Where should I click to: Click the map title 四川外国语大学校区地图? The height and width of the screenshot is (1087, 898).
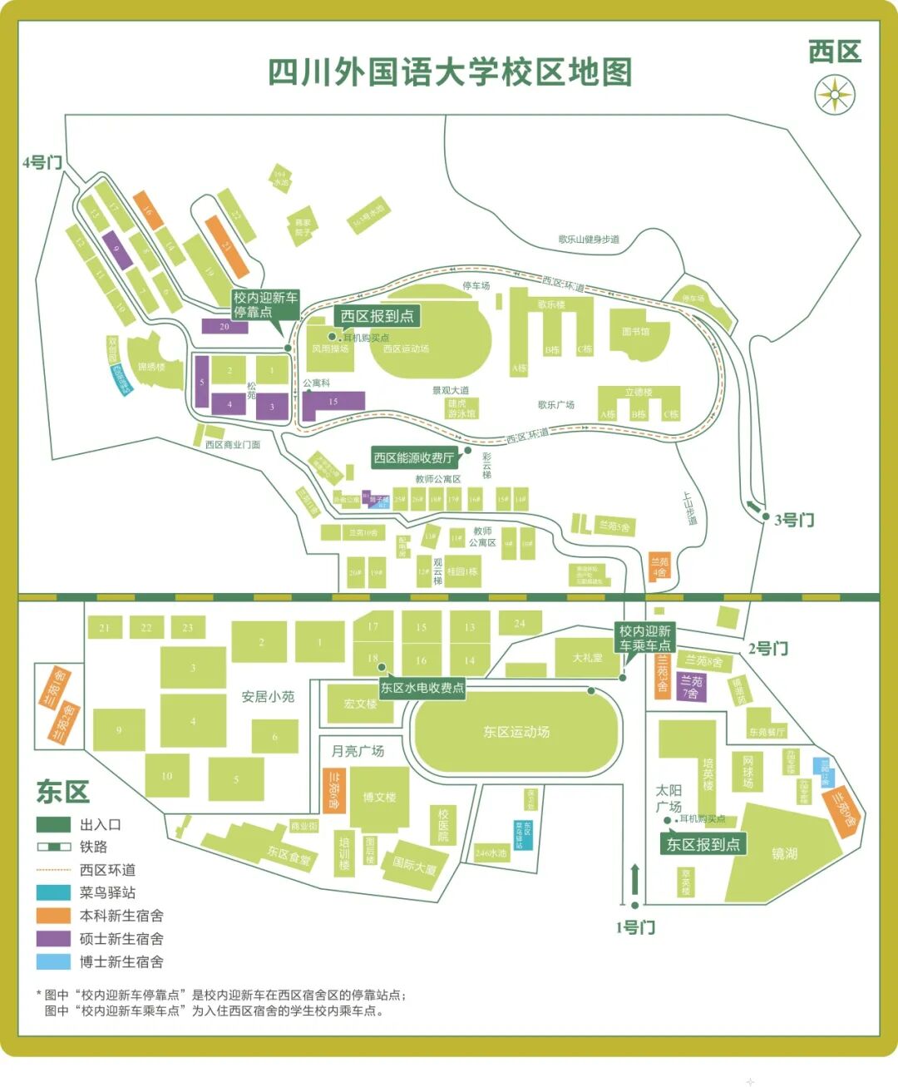(450, 72)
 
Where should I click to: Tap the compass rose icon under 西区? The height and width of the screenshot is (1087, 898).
(834, 94)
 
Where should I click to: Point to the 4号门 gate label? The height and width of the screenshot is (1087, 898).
(42, 162)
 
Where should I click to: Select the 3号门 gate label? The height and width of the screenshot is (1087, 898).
(794, 520)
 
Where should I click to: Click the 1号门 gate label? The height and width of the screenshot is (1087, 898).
(635, 927)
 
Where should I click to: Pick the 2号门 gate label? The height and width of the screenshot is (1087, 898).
(767, 648)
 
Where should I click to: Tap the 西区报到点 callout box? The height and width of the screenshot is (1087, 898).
(377, 316)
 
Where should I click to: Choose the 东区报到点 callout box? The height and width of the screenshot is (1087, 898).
(703, 844)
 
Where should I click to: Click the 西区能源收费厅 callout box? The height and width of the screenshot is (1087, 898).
(414, 457)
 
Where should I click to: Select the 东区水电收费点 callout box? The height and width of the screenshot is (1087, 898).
(422, 688)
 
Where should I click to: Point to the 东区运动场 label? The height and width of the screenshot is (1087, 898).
(516, 732)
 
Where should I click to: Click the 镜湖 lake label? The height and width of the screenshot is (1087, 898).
(784, 853)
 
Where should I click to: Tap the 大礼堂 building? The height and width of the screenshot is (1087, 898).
(587, 658)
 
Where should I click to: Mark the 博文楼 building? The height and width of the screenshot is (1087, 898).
(379, 797)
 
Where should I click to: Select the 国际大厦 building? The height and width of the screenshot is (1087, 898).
(414, 867)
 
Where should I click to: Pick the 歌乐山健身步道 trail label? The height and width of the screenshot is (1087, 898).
(589, 240)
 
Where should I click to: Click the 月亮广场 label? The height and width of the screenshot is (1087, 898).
(358, 751)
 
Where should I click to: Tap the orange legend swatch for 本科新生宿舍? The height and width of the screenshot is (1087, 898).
(53, 916)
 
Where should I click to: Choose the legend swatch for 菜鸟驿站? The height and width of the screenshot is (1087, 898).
(53, 892)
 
